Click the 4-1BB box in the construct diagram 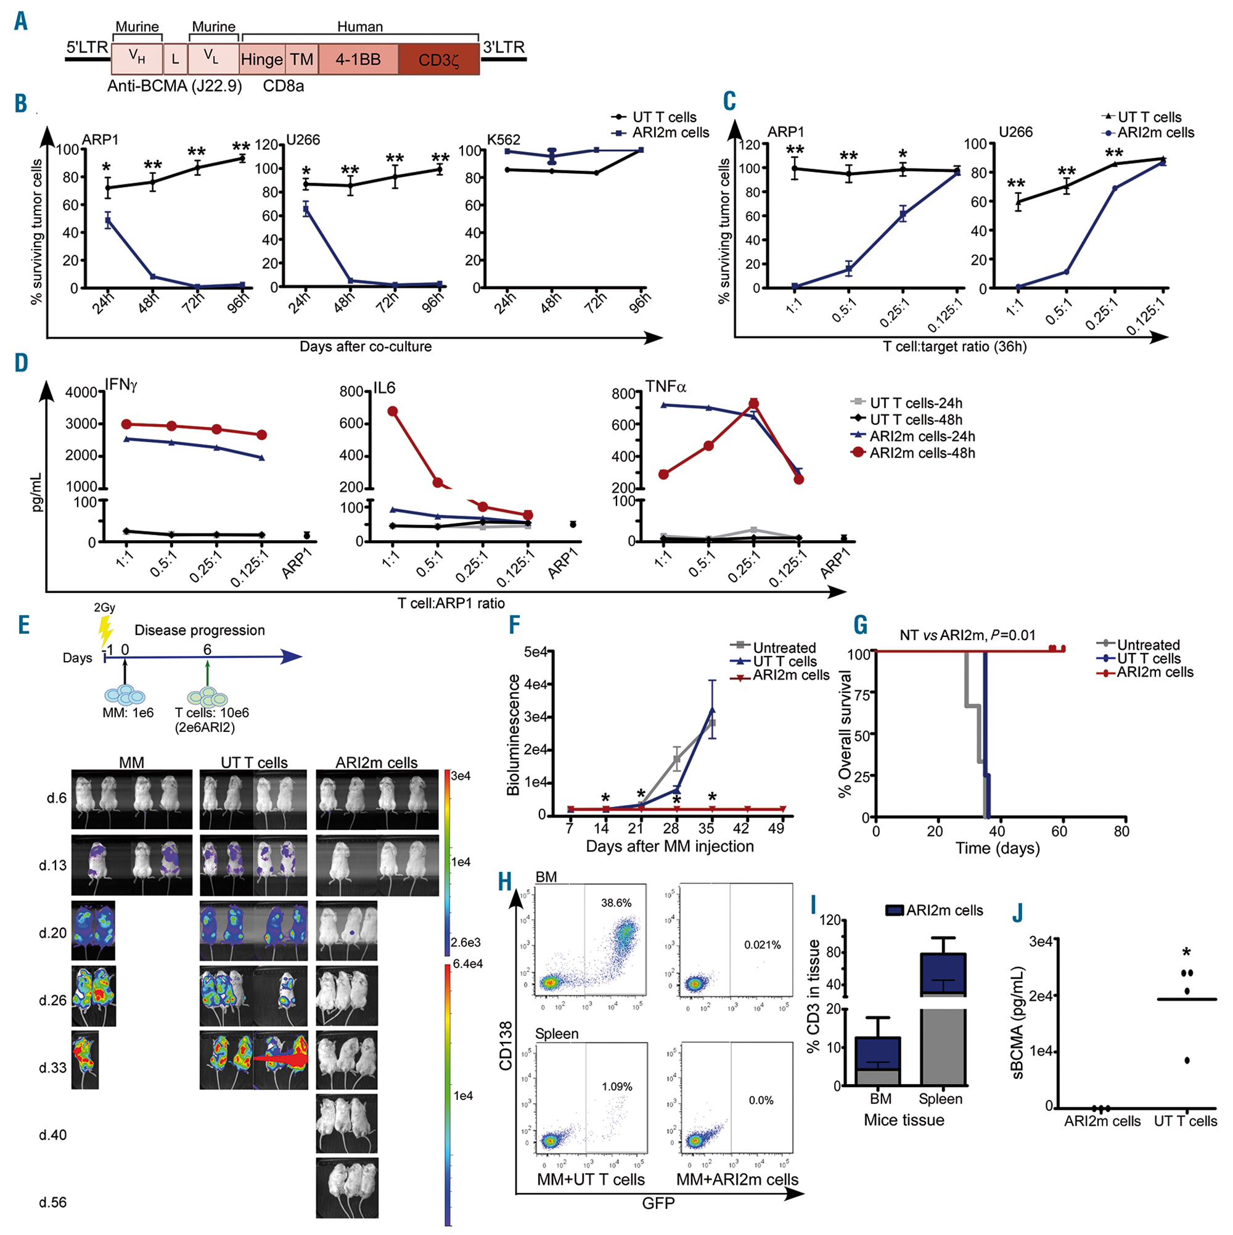tap(358, 59)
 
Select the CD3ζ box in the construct tap(438, 60)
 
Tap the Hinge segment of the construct tap(261, 59)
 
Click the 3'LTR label tap(504, 47)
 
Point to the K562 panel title tap(504, 139)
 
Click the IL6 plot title tap(384, 388)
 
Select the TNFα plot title tap(665, 386)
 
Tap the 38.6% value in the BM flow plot tap(616, 903)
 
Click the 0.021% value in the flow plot tap(762, 945)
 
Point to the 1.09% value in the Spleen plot tap(617, 1086)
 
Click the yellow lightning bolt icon tap(105, 631)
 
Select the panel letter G tap(861, 625)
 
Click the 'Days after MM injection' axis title tap(670, 847)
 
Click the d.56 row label tap(52, 1202)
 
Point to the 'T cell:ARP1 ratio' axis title tap(451, 604)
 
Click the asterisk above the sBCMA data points tap(1186, 953)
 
